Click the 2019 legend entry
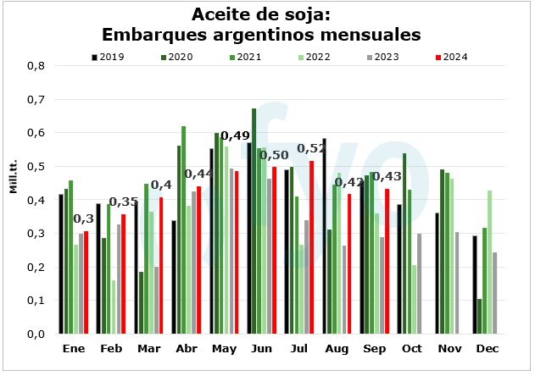click(109, 57)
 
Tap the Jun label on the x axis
click(262, 349)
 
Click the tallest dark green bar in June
click(254, 221)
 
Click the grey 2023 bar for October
click(419, 284)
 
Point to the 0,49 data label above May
click(235, 136)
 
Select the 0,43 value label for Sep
click(388, 176)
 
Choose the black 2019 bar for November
click(437, 273)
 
